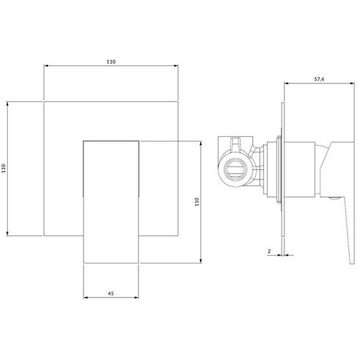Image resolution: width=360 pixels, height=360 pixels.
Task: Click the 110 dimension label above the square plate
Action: tap(111, 62)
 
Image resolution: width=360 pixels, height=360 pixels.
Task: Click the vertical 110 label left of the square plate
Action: tap(4, 168)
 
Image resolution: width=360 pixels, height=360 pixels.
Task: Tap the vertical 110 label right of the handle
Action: tap(197, 202)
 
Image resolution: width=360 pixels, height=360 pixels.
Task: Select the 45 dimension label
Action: tap(111, 293)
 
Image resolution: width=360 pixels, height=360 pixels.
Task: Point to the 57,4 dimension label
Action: tap(319, 80)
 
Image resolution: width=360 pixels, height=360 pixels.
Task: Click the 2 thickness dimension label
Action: tap(269, 251)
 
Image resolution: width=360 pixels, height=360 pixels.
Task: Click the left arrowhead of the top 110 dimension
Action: tap(46, 66)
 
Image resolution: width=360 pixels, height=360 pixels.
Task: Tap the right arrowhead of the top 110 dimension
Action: tap(176, 66)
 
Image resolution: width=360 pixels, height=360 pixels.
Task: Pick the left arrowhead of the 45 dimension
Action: tap(85, 297)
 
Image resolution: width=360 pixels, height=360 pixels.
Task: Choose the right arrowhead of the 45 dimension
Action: tap(136, 297)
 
